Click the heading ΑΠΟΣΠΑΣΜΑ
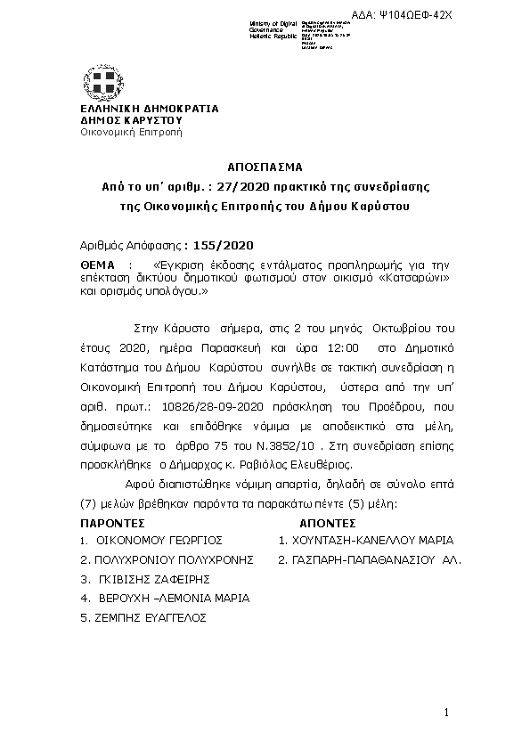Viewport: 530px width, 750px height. [x=265, y=167]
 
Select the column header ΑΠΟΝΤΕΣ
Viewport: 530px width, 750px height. [x=329, y=524]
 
